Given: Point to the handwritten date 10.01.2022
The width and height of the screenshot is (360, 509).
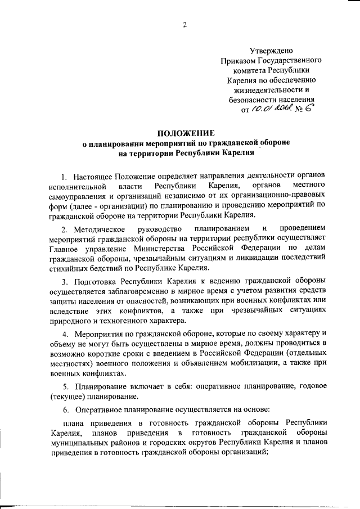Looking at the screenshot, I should [x=271, y=109].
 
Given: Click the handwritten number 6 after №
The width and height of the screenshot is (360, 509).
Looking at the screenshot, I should [x=308, y=109].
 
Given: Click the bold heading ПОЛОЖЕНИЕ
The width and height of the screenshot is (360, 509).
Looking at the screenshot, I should [x=186, y=133].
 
